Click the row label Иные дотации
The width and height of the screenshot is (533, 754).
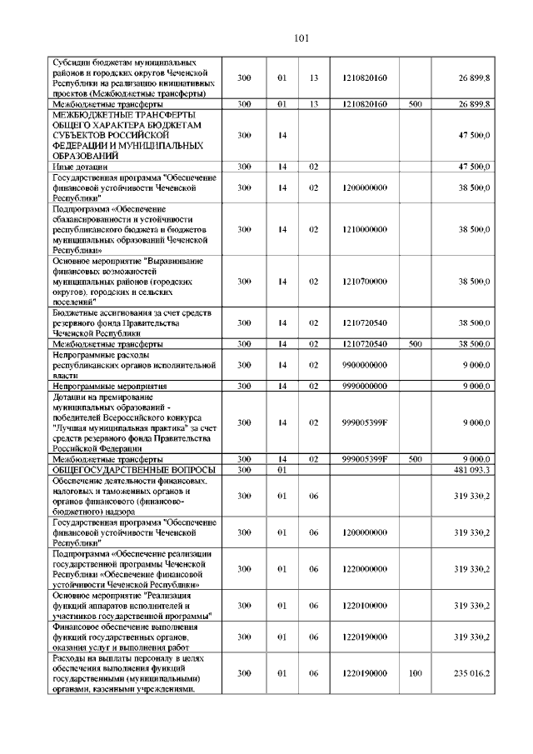(x=74, y=167)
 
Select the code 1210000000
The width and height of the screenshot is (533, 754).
(x=364, y=228)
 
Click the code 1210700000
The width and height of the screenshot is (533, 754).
(x=364, y=282)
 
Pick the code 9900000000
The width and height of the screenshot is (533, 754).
(x=364, y=365)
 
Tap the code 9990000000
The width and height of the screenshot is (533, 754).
(x=364, y=387)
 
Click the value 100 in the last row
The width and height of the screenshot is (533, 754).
(x=416, y=672)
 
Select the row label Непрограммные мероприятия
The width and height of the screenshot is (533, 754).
(x=110, y=387)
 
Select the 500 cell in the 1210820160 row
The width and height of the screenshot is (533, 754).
(x=416, y=104)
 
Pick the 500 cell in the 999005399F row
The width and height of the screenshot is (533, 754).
(x=416, y=459)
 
